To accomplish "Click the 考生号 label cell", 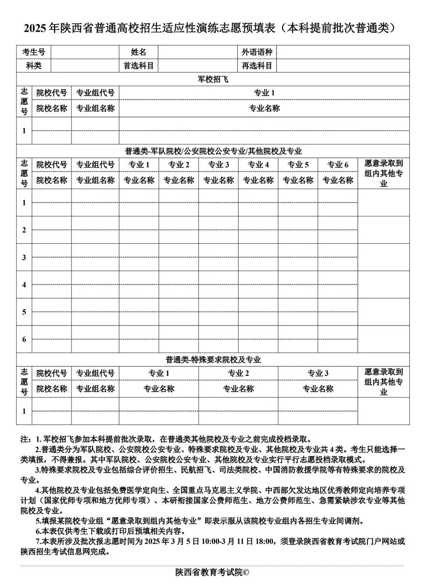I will [34, 52].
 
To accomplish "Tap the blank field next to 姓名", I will [198, 52].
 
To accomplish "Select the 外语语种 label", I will [257, 52].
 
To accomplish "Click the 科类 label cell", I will [34, 66].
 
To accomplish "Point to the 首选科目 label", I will [138, 66].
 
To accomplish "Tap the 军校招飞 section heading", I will [213, 79].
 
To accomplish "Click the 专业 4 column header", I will [258, 165].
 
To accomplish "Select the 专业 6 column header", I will [338, 165].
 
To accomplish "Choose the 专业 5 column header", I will [298, 165].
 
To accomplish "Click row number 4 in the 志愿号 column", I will [24, 284].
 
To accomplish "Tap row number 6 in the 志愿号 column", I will [24, 339].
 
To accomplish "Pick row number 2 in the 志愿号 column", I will [24, 230].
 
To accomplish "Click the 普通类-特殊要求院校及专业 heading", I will [213, 360].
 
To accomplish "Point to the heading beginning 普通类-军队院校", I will [213, 151].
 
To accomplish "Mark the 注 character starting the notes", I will [24, 439].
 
